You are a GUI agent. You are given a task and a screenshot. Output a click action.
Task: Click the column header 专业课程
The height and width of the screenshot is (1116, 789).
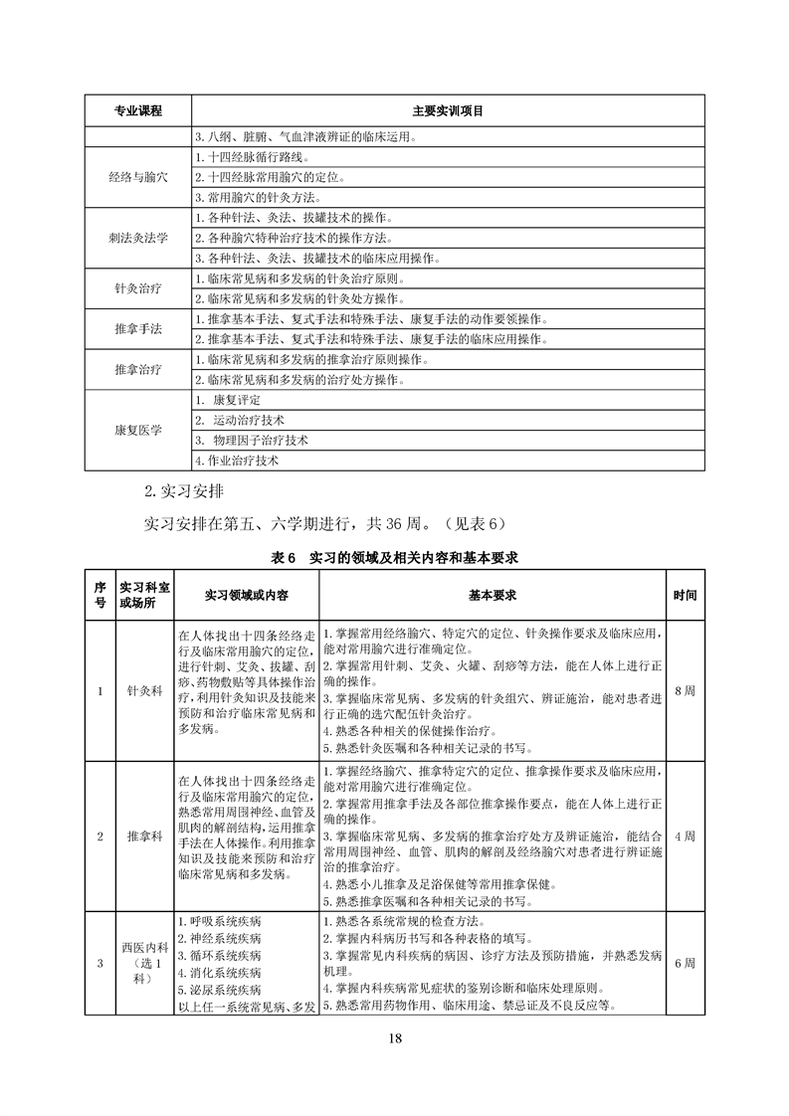pos(138,109)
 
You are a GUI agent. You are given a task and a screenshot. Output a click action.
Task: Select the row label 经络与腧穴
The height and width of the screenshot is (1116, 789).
pos(138,176)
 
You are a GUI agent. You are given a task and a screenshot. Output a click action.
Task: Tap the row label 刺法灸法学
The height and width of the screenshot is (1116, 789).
pos(138,238)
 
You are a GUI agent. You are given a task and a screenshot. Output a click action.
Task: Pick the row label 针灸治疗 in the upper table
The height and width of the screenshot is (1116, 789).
pos(138,288)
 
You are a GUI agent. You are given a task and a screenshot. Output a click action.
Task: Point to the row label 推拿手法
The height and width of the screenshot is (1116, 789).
pos(138,328)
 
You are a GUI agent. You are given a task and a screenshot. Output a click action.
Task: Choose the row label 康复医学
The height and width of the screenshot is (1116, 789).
pos(138,430)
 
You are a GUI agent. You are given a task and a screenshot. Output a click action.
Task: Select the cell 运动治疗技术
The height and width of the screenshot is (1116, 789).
pos(249,420)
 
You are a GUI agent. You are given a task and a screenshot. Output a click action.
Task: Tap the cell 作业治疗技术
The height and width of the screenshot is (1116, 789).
pos(238,461)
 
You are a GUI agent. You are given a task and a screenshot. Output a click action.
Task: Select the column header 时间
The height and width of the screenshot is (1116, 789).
pos(685,594)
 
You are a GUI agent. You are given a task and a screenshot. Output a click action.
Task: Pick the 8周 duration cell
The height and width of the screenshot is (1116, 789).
pos(685,689)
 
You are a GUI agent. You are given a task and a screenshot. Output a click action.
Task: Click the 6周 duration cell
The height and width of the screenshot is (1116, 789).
pos(685,963)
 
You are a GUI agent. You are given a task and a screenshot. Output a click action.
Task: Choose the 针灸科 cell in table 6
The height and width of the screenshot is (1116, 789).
pos(144,690)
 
